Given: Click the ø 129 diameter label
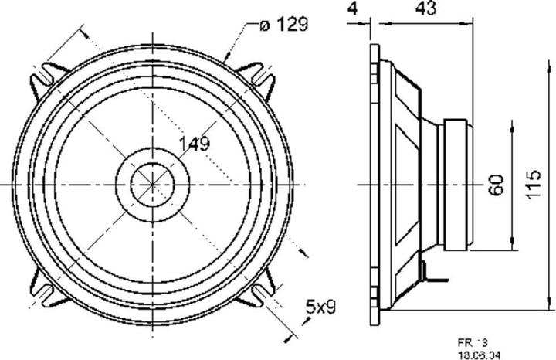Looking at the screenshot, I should tap(283, 25).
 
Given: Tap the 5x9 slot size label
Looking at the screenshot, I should tap(320, 307).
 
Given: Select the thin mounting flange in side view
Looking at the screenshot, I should tap(375, 185).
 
